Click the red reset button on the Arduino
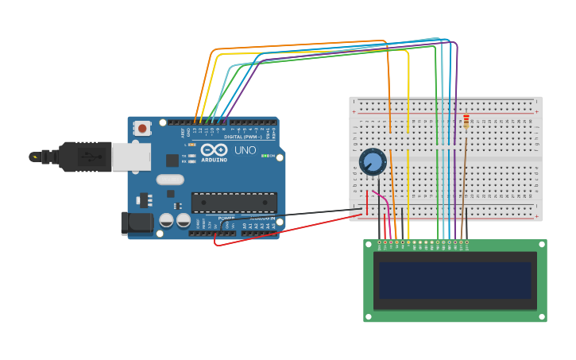[x=142, y=128]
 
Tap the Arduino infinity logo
[x=214, y=150]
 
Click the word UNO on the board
[x=245, y=150]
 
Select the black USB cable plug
[x=79, y=157]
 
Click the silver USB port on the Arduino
[x=130, y=157]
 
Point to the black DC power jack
[x=137, y=223]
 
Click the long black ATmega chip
[x=234, y=203]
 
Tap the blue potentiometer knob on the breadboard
[x=373, y=162]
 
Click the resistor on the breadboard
[x=466, y=121]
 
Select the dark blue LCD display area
[x=454, y=281]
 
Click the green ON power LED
[x=265, y=156]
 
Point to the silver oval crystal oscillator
[x=170, y=180]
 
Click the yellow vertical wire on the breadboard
[x=408, y=159]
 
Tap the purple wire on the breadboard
[x=457, y=159]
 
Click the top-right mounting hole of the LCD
[x=541, y=246]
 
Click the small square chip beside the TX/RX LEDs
[x=172, y=160]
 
